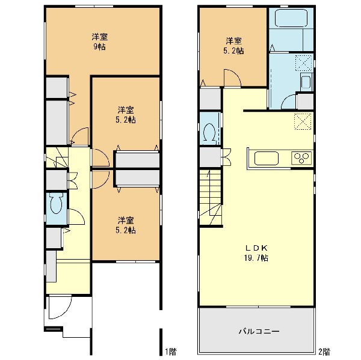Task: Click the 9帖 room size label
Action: click(x=99, y=47)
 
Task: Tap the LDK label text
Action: click(x=256, y=248)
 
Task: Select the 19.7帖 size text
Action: click(x=256, y=258)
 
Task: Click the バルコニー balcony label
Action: click(x=259, y=331)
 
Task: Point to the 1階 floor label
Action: click(x=171, y=351)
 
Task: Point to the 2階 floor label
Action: click(x=324, y=351)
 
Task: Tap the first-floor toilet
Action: click(x=57, y=203)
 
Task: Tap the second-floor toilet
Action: click(x=209, y=132)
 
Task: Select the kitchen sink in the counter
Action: click(x=266, y=158)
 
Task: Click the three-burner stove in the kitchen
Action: click(x=301, y=158)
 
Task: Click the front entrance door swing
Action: click(x=60, y=308)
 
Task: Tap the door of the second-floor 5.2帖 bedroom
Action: click(x=232, y=78)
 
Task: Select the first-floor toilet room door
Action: click(x=76, y=216)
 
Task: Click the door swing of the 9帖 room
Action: click(x=80, y=136)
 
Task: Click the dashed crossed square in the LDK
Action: click(x=303, y=121)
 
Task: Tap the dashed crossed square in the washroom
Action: click(x=304, y=62)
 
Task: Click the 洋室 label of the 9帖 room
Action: click(x=100, y=37)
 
